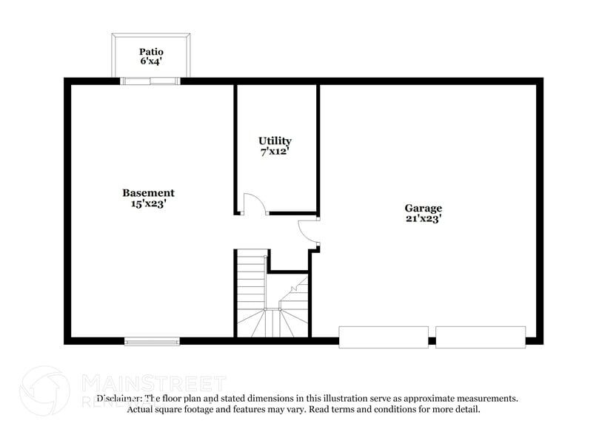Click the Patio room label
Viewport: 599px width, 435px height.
click(x=151, y=52)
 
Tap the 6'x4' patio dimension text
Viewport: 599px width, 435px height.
click(x=151, y=62)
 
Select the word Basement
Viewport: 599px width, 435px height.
click(x=148, y=193)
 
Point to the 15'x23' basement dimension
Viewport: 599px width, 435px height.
click(x=148, y=203)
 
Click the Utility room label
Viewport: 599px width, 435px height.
click(x=275, y=141)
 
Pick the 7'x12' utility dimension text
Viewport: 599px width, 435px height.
click(x=275, y=151)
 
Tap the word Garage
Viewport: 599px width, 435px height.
click(x=423, y=208)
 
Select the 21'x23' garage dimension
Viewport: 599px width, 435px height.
click(x=423, y=218)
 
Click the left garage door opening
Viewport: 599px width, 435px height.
click(x=384, y=337)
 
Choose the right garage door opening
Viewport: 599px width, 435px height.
click(x=481, y=337)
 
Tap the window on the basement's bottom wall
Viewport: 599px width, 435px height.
click(x=152, y=341)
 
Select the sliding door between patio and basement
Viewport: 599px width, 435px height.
click(x=151, y=81)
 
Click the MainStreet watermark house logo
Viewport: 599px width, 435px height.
click(x=44, y=389)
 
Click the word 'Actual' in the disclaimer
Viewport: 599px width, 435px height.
click(x=141, y=409)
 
